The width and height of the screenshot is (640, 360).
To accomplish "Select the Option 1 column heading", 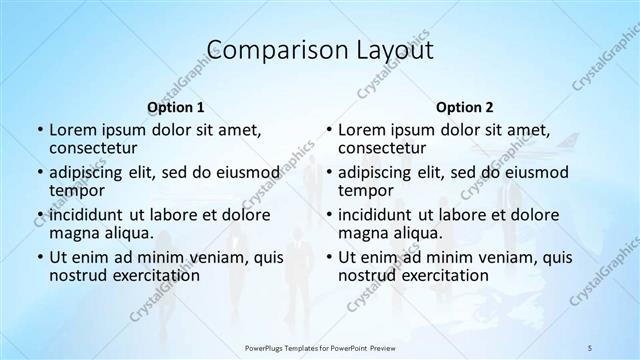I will (x=176, y=107).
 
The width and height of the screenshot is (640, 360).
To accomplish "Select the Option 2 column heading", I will (x=464, y=107).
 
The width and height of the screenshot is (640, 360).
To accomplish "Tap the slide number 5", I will (x=590, y=347).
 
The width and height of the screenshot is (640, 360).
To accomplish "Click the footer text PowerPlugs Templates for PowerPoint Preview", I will (x=320, y=347).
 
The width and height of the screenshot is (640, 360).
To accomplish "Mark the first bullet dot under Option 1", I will (x=39, y=130).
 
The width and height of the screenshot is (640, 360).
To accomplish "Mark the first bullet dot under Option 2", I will (x=328, y=130).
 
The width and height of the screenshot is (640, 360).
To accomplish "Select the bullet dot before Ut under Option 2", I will (x=328, y=258).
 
